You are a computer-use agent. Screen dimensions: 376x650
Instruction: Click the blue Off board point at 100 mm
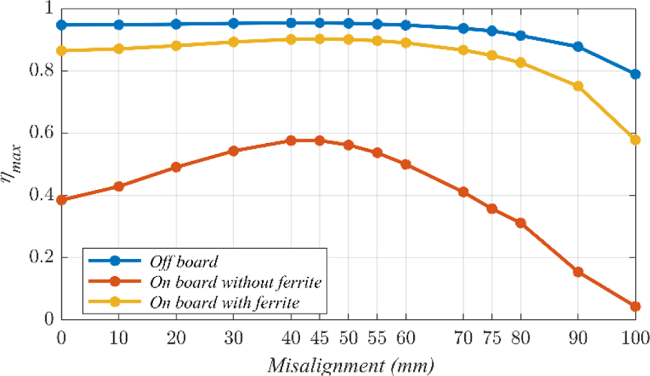click(635, 74)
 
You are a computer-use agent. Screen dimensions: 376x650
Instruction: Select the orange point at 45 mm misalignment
click(320, 141)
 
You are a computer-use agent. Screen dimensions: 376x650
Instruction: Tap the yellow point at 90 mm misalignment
click(578, 86)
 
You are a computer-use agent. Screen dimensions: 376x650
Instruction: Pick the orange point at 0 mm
click(61, 200)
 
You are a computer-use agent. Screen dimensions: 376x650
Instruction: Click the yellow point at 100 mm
click(635, 140)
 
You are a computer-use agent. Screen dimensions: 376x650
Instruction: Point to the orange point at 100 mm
click(635, 307)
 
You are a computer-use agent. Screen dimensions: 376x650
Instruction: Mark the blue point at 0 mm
click(61, 25)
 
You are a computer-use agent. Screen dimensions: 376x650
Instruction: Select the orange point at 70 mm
click(463, 192)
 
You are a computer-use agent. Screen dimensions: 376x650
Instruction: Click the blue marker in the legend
click(114, 262)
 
